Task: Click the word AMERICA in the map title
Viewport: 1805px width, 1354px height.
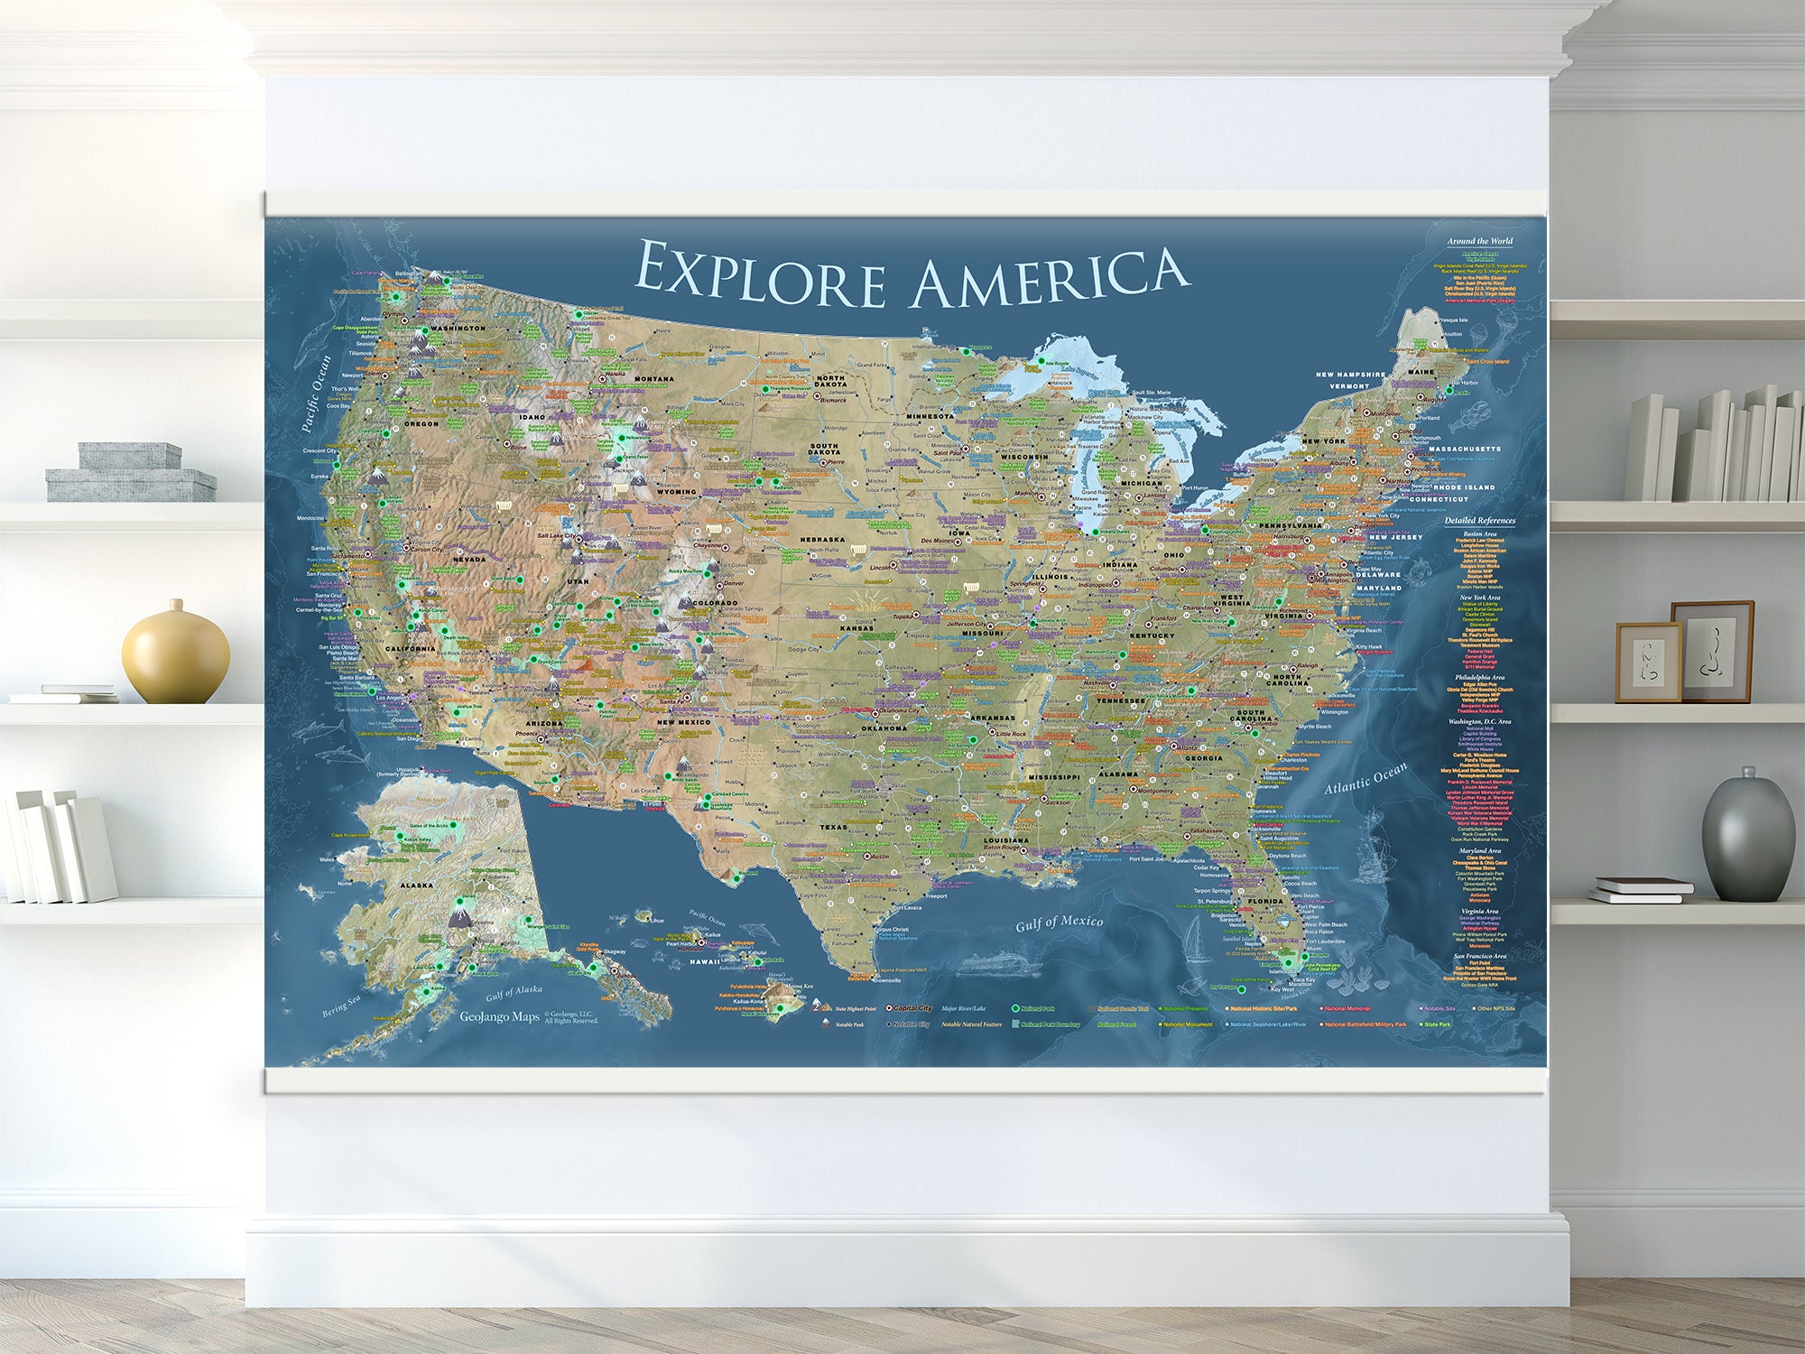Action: [x=1050, y=277]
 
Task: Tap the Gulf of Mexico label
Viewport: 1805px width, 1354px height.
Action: [x=1060, y=922]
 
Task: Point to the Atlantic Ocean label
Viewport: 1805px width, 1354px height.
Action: [x=1365, y=778]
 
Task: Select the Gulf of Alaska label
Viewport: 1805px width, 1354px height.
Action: [x=514, y=992]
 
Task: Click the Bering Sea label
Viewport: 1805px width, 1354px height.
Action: [x=341, y=1006]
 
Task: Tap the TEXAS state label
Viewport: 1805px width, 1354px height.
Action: [x=833, y=827]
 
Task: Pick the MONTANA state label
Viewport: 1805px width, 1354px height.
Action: [x=653, y=379]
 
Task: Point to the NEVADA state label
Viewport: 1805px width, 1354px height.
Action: [x=469, y=560]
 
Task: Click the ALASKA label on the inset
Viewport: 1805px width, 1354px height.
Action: [x=416, y=886]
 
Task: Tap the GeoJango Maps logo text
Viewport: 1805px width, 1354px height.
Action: [x=499, y=1017]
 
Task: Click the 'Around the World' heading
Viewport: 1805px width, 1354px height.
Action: [x=1480, y=241]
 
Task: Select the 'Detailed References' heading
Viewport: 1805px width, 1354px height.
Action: [x=1479, y=520]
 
